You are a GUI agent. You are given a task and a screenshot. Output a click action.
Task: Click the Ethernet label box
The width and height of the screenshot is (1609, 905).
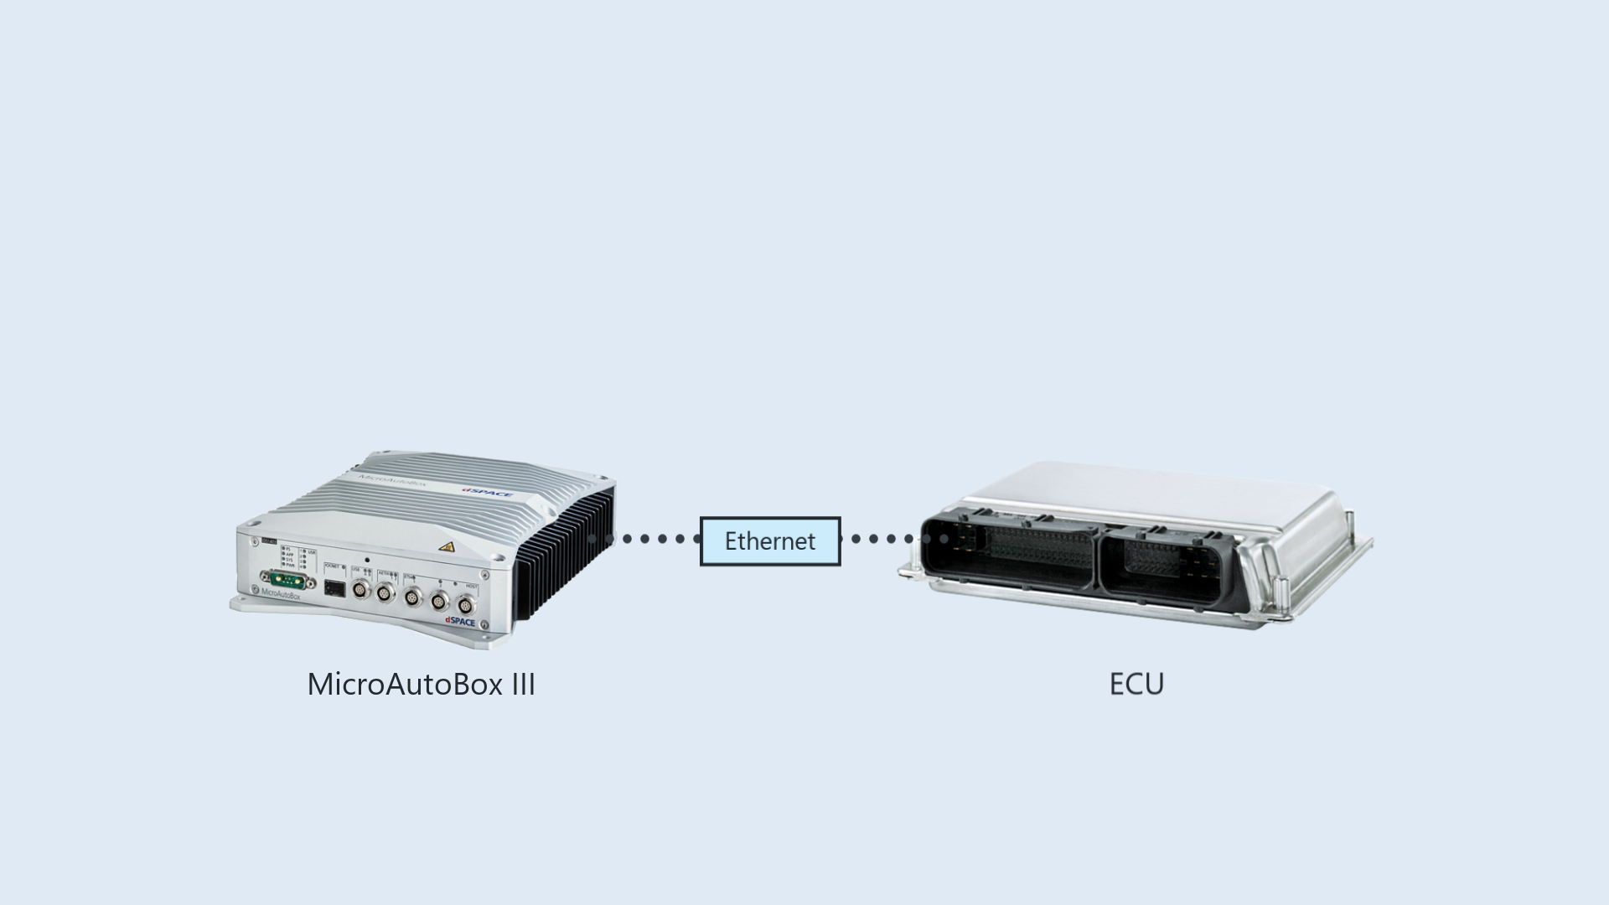coord(770,541)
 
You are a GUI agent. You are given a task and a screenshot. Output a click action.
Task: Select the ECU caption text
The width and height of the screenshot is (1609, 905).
coord(1136,685)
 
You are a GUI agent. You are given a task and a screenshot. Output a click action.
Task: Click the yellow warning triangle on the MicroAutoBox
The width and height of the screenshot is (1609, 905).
coord(447,547)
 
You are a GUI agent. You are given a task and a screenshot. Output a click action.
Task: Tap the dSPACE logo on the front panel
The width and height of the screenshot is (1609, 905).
coord(460,622)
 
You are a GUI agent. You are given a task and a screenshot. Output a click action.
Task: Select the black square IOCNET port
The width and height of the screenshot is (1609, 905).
coord(334,587)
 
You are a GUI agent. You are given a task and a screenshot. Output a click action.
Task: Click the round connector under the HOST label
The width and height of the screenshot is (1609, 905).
coord(464,603)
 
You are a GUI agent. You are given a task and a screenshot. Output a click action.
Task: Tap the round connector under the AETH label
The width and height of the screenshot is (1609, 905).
coord(385,593)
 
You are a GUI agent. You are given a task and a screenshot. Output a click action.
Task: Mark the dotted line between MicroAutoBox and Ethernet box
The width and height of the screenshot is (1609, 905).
coord(645,539)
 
